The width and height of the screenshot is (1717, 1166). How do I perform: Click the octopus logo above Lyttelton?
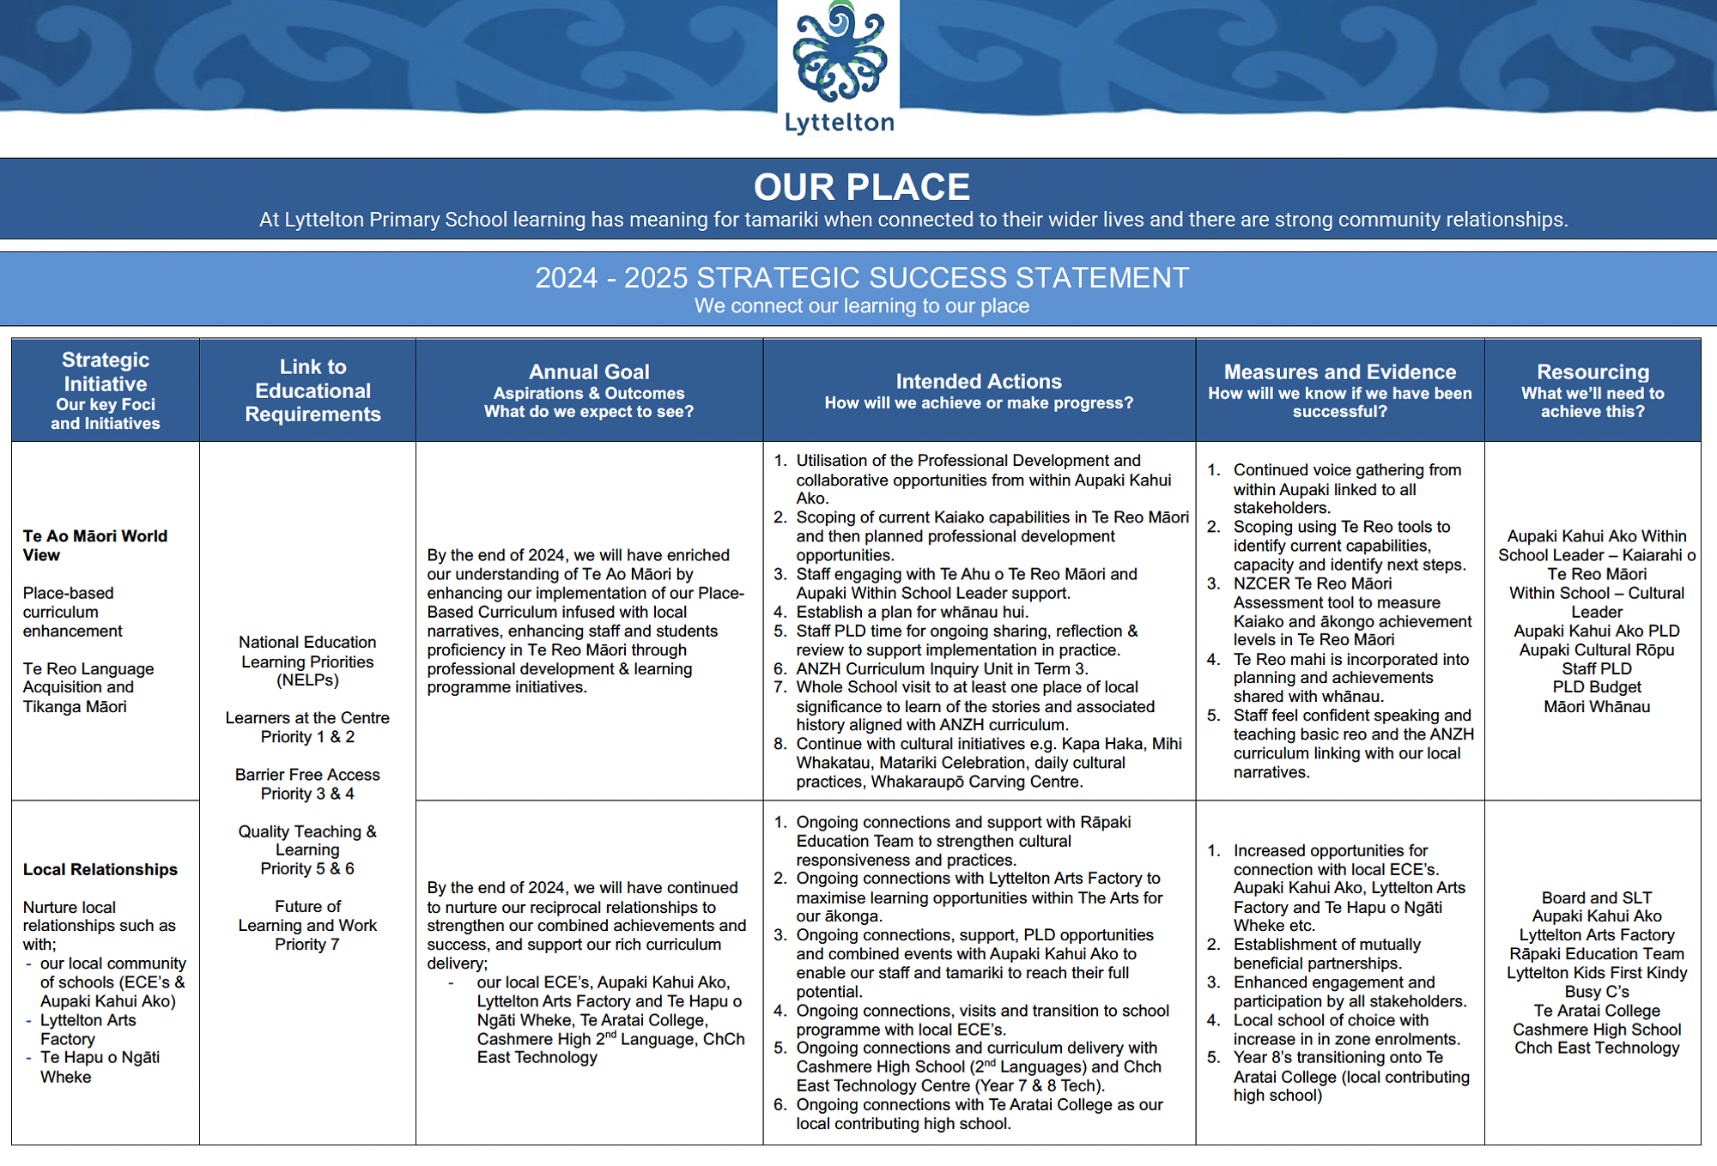839,53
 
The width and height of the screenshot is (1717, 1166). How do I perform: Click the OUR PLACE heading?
861,187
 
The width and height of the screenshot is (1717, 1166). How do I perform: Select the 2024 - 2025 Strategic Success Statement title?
861,278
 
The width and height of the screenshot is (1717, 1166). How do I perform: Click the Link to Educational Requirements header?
312,390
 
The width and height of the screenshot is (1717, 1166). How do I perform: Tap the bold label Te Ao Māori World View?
94,546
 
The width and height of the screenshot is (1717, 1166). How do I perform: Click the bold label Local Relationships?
100,869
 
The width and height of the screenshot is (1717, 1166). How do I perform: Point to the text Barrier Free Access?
307,775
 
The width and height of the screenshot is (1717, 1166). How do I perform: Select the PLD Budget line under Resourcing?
1597,687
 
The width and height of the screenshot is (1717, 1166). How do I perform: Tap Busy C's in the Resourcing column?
1597,992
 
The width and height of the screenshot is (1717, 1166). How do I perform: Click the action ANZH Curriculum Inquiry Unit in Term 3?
942,669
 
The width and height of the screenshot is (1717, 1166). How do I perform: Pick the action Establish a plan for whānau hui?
912,613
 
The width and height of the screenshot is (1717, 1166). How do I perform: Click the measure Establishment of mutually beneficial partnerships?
1326,954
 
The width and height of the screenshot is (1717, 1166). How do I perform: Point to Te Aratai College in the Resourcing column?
1597,1011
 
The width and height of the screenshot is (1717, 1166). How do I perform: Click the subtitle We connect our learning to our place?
861,306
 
